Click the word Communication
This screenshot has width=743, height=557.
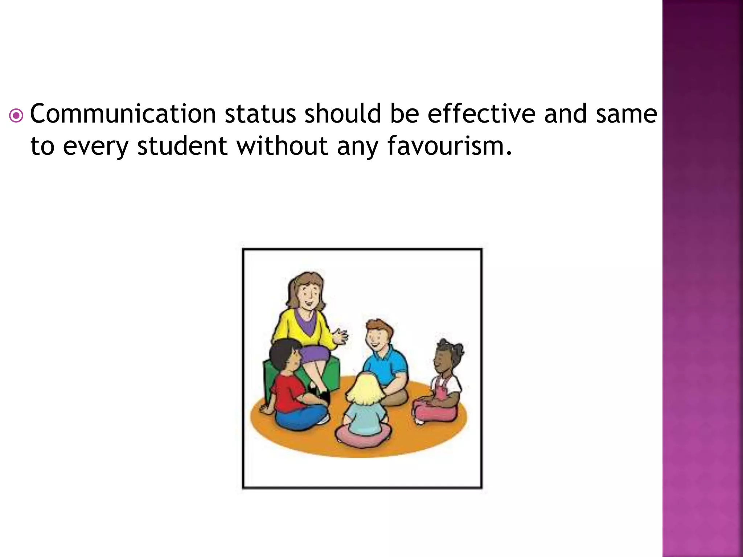tap(123, 114)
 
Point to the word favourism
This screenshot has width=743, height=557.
tap(450, 146)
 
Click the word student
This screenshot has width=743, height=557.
tap(182, 146)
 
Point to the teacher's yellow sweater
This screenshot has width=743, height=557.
tap(290, 328)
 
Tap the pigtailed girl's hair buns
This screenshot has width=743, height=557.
tap(450, 346)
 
